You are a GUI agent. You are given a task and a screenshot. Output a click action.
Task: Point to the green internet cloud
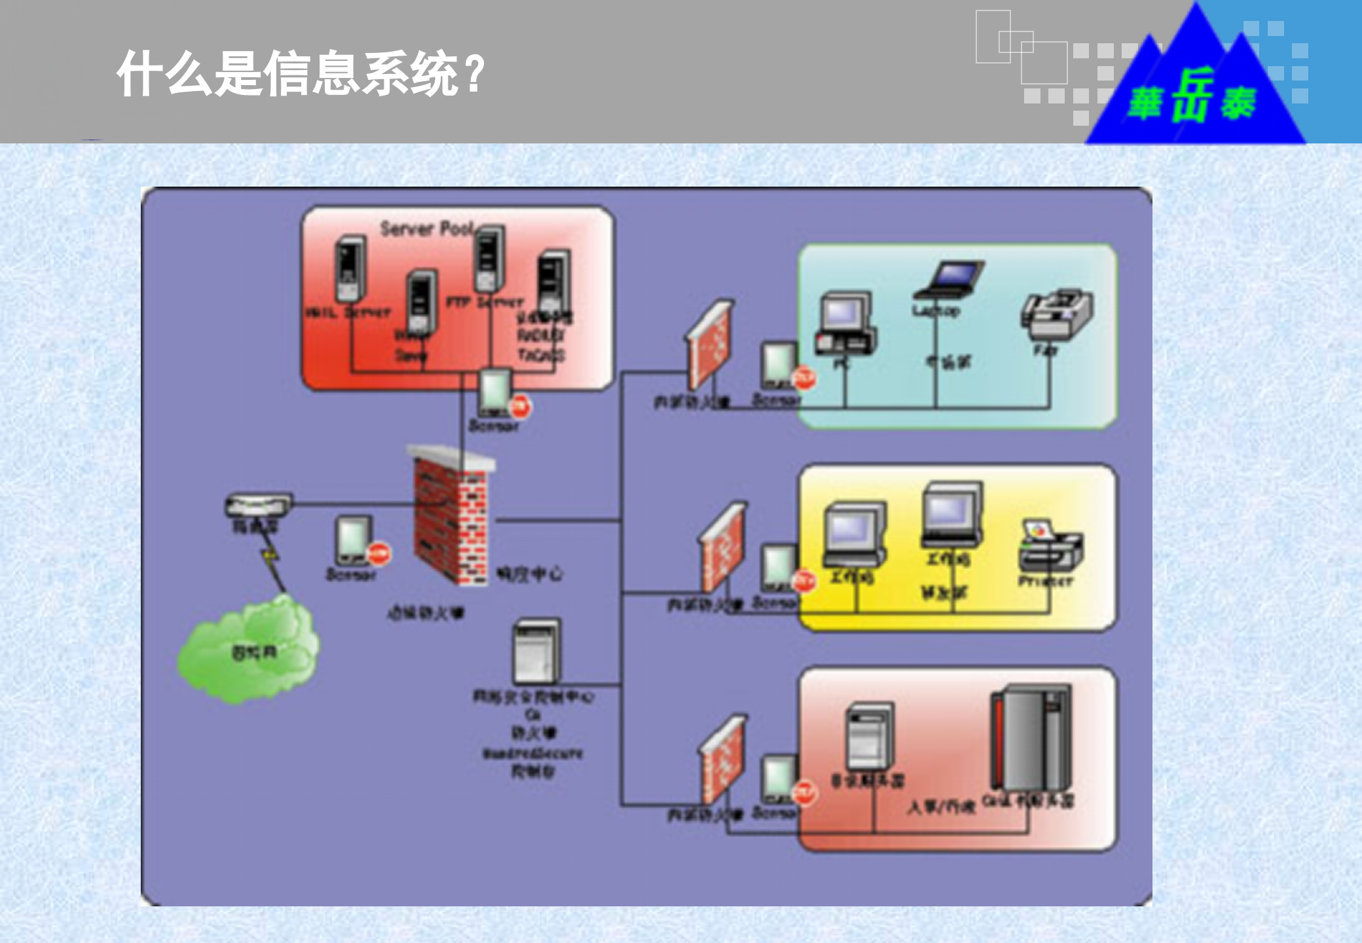pyautogui.click(x=249, y=652)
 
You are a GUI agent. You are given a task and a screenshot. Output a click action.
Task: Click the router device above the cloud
pyautogui.click(x=259, y=505)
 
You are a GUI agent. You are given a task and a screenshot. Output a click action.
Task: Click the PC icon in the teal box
pyautogui.click(x=846, y=324)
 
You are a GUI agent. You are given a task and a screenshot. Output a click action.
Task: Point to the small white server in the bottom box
pyautogui.click(x=870, y=737)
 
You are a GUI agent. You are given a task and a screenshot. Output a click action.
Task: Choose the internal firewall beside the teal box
pyautogui.click(x=710, y=344)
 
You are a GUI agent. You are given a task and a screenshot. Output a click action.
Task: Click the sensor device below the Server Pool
pyautogui.click(x=495, y=393)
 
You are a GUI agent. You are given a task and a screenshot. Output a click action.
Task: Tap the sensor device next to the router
pyautogui.click(x=354, y=541)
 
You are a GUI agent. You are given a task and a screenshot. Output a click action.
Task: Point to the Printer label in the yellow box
pyautogui.click(x=1046, y=581)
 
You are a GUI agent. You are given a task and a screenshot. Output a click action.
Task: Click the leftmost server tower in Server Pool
pyautogui.click(x=350, y=268)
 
